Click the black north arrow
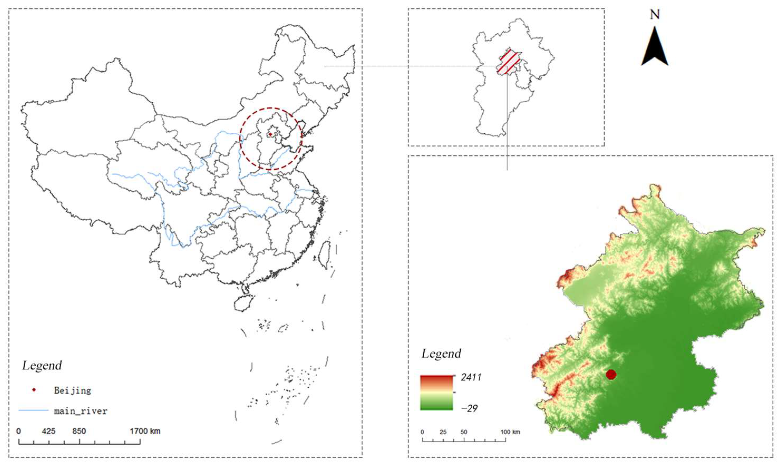coord(654,47)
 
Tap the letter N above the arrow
coord(654,14)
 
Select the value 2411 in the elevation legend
coord(471,377)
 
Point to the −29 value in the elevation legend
coord(469,408)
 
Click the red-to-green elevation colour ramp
coord(436,393)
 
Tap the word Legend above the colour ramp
coord(441,353)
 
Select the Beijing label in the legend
coord(72,390)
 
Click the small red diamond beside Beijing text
coord(34,390)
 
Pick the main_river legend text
coord(81,411)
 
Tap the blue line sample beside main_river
coord(33,410)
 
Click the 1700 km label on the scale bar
coord(145,431)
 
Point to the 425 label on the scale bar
coord(49,431)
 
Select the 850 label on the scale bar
coord(79,431)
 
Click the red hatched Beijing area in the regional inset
coord(508,63)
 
